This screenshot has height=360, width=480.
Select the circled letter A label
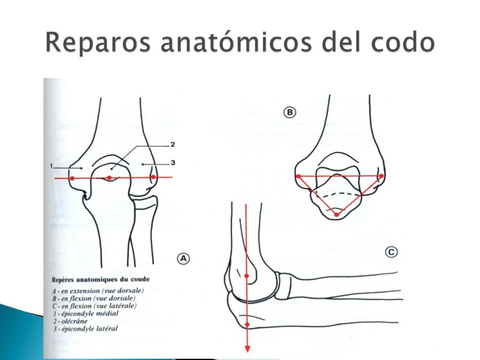coord(184,258)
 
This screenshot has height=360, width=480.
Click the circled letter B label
coord(290,112)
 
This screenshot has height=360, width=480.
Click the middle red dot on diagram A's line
coord(109,178)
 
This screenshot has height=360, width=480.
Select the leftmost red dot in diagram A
coord(72,178)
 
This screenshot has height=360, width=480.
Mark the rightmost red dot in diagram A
coord(153,177)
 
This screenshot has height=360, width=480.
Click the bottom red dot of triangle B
coord(337,215)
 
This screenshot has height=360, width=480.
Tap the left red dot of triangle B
coord(298,176)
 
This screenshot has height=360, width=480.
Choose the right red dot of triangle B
coord(381,176)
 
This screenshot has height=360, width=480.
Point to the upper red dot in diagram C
coord(247,276)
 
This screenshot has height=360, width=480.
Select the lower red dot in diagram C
coord(247,324)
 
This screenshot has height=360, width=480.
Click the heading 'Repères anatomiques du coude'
coord(101,279)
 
